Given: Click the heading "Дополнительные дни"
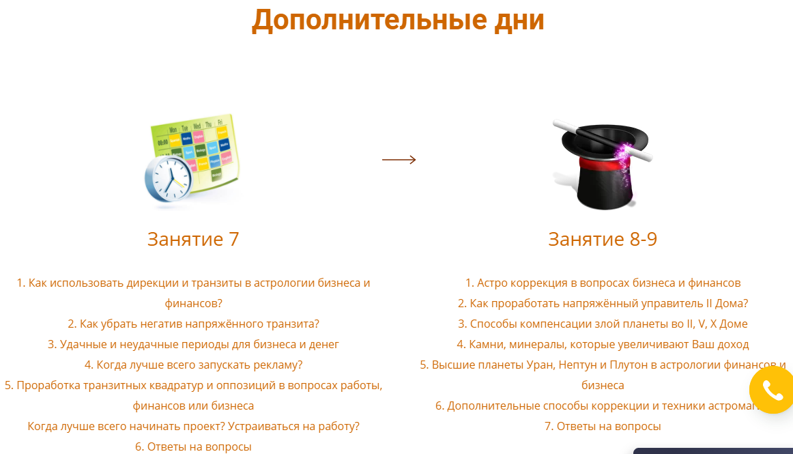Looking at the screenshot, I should pos(398,20).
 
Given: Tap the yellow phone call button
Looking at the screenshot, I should pos(772,391).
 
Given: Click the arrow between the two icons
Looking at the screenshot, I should pos(399,160).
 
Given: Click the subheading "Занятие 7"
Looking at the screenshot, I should pos(193,239).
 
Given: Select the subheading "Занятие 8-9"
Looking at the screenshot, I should pos(603,239).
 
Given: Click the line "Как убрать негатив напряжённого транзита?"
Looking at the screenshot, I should pos(193,324).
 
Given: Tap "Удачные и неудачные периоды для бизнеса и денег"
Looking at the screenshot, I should pos(193,344).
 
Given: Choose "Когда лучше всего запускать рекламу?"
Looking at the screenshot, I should pos(193,365).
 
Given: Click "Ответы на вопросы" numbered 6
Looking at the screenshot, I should pos(193,446).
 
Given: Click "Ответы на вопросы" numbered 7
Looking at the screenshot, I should pos(603,426).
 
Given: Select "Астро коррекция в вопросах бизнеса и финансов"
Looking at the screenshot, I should pos(603,283).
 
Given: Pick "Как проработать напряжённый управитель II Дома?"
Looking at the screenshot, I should pos(603,303).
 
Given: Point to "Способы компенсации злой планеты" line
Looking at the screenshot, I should pos(603,324).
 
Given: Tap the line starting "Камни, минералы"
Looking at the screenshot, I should pos(603,344).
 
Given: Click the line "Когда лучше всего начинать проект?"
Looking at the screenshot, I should pos(193,426).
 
